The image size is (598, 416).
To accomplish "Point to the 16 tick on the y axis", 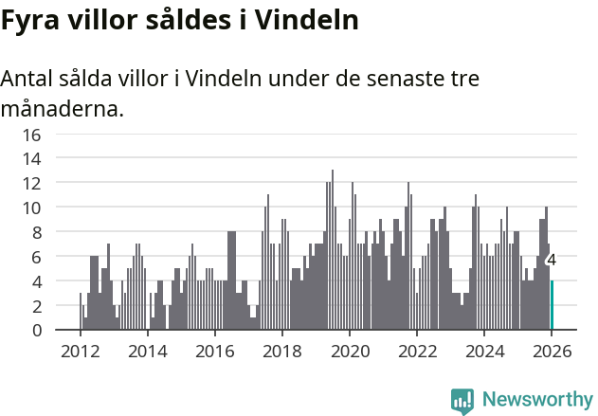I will (x=31, y=135).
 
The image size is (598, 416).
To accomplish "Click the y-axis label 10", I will (x=31, y=208).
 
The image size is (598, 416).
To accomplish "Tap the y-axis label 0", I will (x=36, y=330).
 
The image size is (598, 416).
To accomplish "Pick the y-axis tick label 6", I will (x=36, y=257).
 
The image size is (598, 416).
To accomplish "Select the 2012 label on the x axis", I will (x=80, y=351).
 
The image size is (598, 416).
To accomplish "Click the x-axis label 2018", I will (x=281, y=351).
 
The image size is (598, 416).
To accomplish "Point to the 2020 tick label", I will (x=350, y=351).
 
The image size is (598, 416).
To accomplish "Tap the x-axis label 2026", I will (x=552, y=351).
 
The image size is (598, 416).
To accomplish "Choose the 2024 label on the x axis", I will (x=484, y=351).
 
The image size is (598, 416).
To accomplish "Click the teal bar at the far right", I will (x=552, y=305).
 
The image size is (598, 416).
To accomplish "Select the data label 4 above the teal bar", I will (x=552, y=261).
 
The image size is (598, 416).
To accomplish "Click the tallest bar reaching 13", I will (x=333, y=250).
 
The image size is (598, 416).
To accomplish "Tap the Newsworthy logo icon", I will (x=462, y=400).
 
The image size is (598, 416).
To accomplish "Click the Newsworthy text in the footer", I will (x=536, y=400).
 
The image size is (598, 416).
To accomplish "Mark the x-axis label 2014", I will (x=147, y=351).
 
